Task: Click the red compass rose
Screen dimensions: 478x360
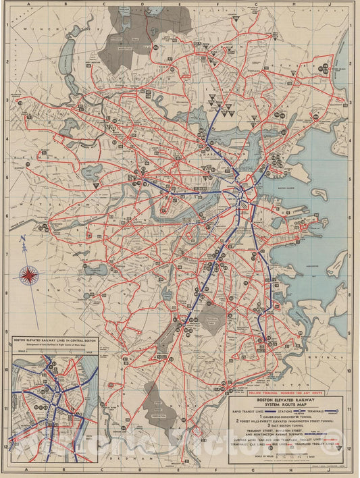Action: [x=30, y=274]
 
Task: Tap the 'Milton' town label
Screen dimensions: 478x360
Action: [x=260, y=380]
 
